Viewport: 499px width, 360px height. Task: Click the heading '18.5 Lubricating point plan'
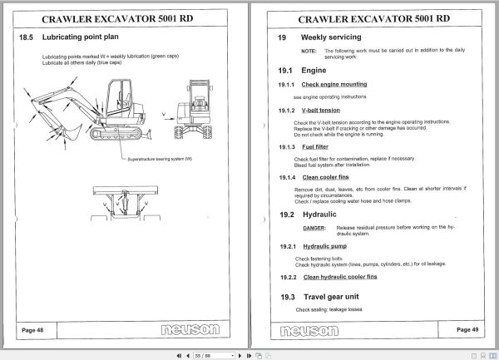click(x=77, y=37)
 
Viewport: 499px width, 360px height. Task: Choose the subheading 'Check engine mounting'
click(x=333, y=85)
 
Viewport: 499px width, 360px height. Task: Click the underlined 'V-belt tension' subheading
click(x=321, y=111)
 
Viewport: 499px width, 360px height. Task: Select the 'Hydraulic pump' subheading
click(x=324, y=247)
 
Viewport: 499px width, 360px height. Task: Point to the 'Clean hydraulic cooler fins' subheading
click(x=340, y=277)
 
